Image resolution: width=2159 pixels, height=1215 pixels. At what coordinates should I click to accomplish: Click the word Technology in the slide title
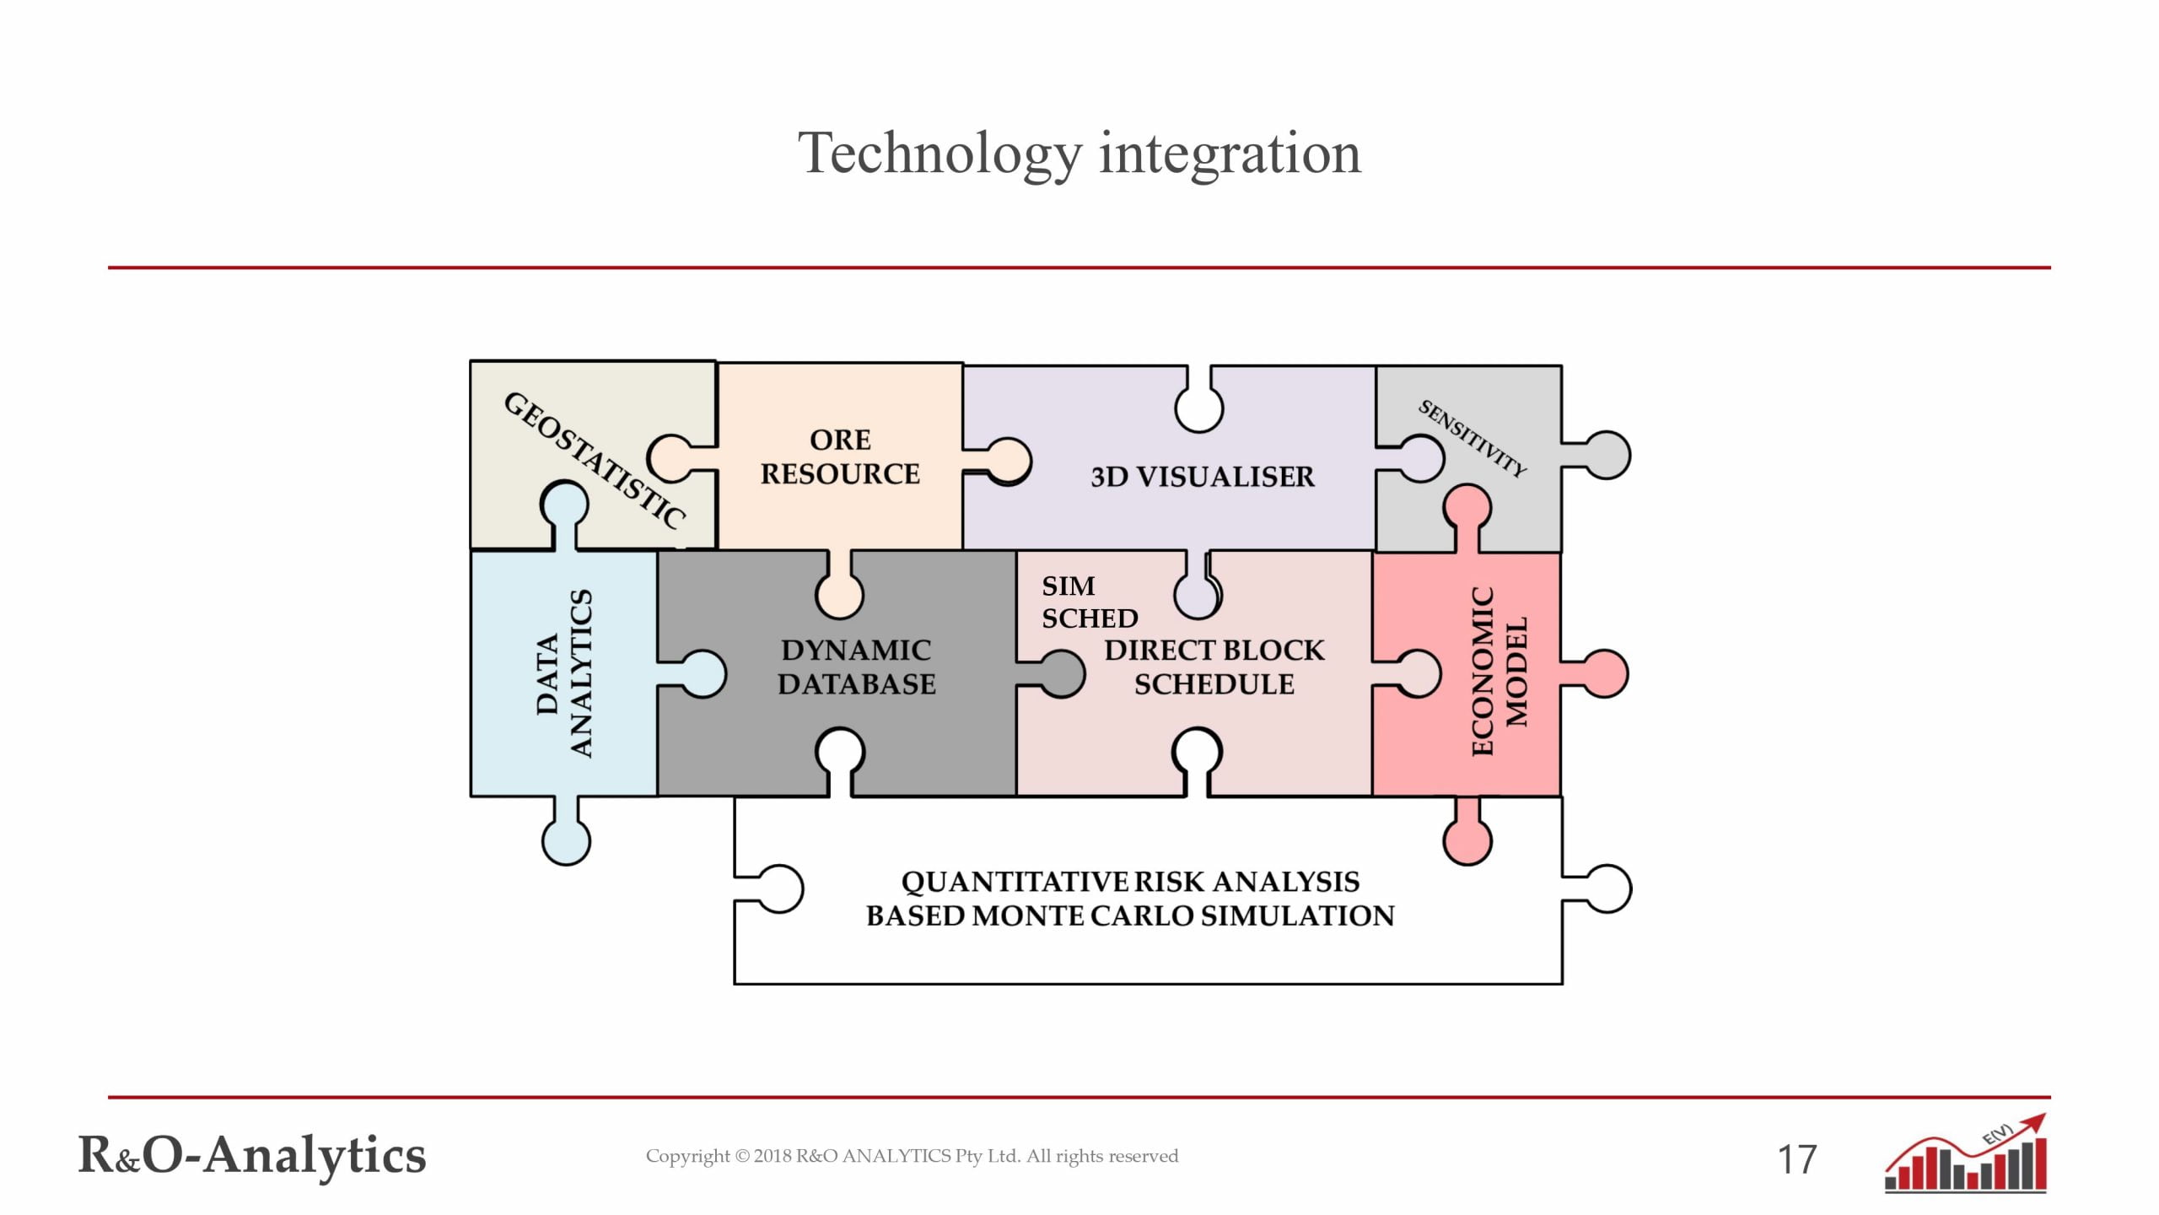point(940,154)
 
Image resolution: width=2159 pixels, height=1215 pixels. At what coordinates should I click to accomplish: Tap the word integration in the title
point(1230,154)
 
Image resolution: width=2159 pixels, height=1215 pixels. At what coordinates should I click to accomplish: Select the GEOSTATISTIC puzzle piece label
point(594,460)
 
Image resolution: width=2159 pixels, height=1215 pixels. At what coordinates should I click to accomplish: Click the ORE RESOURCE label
point(840,456)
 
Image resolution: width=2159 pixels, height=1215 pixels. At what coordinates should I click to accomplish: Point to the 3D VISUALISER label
point(1202,477)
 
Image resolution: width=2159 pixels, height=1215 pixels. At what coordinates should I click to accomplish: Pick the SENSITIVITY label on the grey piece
point(1472,439)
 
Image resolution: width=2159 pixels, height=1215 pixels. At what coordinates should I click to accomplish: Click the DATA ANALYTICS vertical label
point(564,673)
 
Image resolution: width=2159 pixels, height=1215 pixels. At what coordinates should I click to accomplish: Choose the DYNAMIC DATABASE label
point(856,667)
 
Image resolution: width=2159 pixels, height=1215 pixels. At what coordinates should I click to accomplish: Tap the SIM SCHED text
point(1088,602)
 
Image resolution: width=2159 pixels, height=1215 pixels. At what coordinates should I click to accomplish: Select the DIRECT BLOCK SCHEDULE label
point(1214,667)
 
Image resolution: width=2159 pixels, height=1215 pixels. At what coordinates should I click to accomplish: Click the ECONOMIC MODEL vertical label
point(1499,672)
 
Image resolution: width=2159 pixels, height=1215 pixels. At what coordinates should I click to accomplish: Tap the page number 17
point(1796,1160)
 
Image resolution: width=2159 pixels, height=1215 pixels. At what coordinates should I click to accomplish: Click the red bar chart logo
point(1965,1156)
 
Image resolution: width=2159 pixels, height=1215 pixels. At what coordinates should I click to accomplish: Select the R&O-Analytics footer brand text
point(252,1155)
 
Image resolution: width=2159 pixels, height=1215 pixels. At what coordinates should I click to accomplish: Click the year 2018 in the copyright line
point(772,1156)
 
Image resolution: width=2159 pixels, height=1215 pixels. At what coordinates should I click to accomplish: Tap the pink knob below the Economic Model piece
point(1467,839)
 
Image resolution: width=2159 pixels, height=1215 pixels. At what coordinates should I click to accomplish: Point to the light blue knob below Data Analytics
point(566,840)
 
